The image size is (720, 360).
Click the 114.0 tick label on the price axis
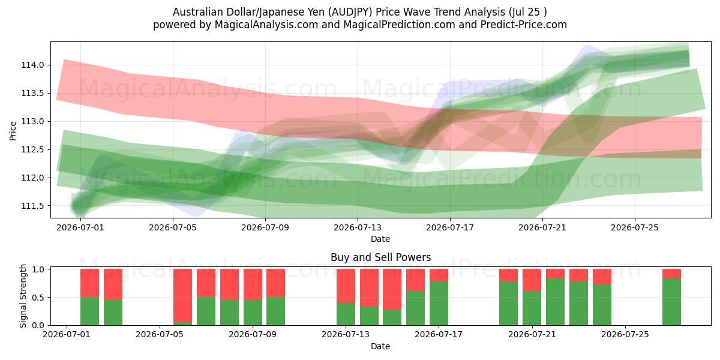(32, 65)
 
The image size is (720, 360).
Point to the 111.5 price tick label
(32, 206)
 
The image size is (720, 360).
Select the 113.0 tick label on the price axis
(32, 121)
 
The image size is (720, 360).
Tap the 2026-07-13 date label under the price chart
(358, 227)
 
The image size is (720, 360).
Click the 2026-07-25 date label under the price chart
(635, 227)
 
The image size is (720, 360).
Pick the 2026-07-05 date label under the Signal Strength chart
(160, 334)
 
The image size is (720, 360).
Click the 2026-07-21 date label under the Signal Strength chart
(532, 334)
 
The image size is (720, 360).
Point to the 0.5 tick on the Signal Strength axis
(38, 298)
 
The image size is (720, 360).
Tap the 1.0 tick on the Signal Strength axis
(38, 269)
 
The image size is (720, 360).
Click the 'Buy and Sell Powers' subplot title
(380, 257)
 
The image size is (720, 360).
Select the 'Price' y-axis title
(13, 131)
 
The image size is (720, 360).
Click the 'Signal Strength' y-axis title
(23, 296)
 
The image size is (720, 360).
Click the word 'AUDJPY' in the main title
(352, 12)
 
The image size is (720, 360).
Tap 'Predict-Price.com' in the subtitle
(524, 25)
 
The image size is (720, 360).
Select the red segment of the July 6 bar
(182, 295)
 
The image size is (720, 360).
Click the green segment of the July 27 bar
(672, 302)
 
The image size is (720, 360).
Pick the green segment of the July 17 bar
(439, 304)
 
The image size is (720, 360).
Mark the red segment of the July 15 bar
(392, 289)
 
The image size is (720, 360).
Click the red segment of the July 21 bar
(532, 280)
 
